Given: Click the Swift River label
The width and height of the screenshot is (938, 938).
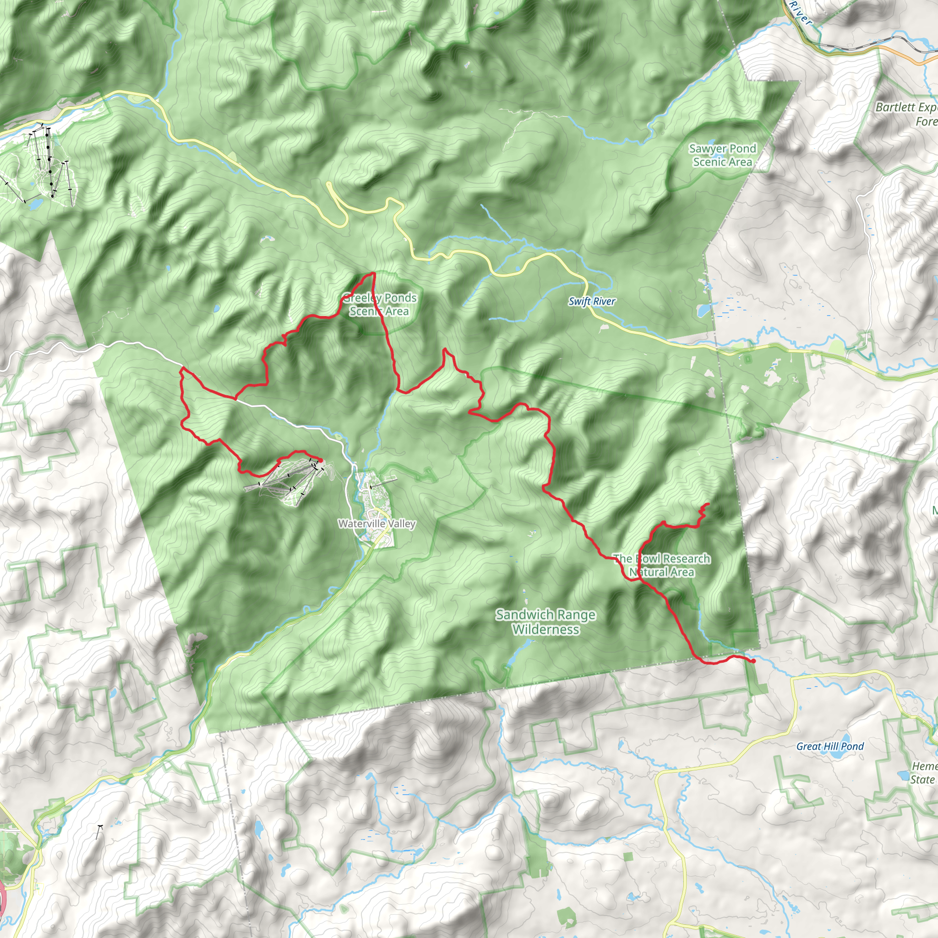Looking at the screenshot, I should click(591, 301).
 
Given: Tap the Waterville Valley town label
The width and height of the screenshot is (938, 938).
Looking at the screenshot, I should click(377, 524).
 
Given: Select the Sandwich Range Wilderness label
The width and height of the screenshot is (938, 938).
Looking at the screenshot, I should click(545, 622).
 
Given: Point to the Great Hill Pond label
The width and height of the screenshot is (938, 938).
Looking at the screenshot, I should click(830, 746).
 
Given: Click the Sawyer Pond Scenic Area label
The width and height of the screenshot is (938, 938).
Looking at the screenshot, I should click(722, 155).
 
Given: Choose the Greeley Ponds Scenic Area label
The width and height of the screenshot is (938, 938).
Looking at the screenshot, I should click(379, 305).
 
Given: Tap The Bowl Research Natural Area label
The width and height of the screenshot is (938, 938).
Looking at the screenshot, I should click(661, 565).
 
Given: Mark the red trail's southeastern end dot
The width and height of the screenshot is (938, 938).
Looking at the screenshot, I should click(753, 661).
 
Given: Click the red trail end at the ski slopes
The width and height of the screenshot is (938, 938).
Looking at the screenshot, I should click(321, 460).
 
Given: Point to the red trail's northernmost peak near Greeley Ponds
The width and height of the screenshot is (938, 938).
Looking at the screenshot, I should click(373, 274).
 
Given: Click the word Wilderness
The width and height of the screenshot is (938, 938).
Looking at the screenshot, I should click(545, 630).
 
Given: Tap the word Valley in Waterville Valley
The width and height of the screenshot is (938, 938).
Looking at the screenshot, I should click(398, 524).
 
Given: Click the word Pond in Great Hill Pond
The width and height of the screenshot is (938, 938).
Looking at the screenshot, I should click(852, 746).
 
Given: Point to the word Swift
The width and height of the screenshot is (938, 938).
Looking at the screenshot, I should click(579, 301).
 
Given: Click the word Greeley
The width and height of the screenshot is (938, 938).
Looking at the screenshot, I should click(361, 298).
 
